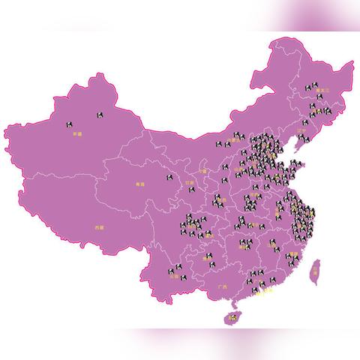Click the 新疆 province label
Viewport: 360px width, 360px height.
click(x=76, y=134)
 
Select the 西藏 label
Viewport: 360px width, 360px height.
click(x=100, y=226)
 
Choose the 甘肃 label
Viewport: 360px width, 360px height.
click(x=189, y=182)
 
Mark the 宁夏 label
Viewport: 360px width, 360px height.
click(x=202, y=171)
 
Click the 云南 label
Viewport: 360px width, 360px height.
click(x=175, y=275)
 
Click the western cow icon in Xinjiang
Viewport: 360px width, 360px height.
click(x=70, y=123)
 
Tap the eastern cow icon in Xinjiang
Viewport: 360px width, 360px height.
click(x=100, y=115)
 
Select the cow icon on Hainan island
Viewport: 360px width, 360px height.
click(x=232, y=318)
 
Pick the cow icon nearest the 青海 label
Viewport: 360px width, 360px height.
click(x=169, y=178)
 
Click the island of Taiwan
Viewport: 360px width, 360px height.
click(x=316, y=268)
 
